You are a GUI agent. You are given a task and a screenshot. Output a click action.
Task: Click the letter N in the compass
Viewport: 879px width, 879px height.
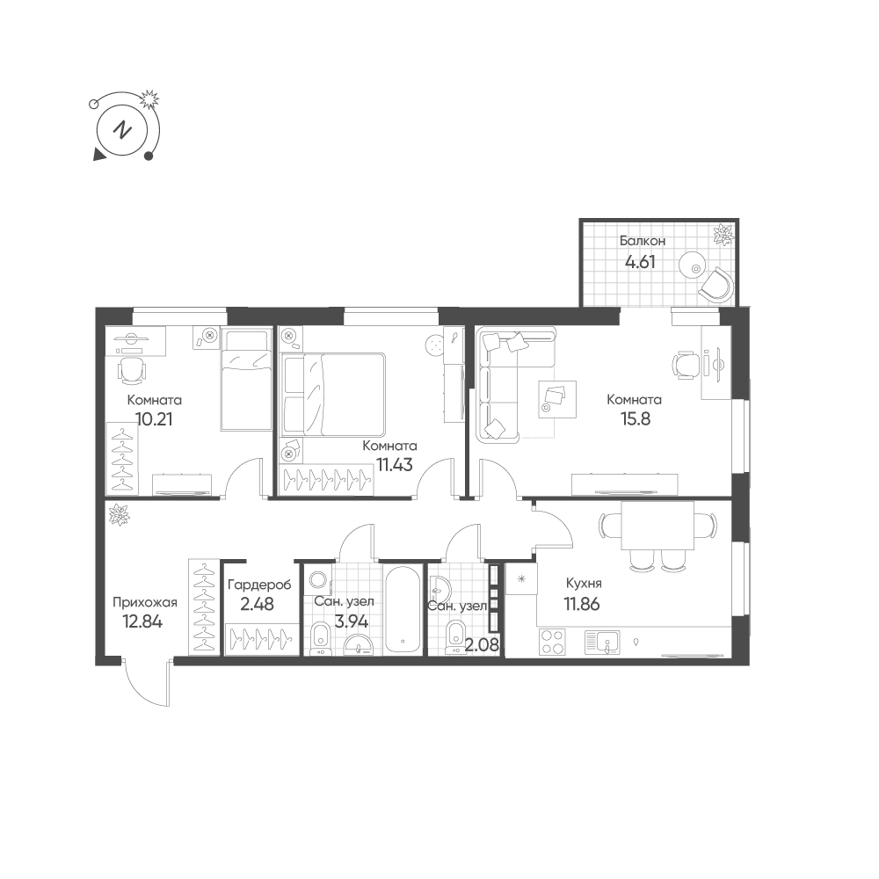121,131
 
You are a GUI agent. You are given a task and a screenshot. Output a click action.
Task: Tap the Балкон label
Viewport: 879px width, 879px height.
643,241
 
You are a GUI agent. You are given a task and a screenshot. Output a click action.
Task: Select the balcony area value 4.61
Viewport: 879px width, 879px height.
640,262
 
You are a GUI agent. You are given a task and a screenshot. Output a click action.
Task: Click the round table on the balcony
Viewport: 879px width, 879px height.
695,268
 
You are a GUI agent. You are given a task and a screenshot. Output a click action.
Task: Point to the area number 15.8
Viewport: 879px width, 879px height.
636,418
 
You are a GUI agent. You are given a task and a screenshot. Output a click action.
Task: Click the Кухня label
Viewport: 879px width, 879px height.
584,583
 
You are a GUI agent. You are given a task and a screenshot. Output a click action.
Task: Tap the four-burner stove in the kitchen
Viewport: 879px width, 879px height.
552,642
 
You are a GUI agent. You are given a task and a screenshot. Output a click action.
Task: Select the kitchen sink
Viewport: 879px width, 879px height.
602,643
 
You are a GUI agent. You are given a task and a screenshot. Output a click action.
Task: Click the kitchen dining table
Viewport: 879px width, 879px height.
657,525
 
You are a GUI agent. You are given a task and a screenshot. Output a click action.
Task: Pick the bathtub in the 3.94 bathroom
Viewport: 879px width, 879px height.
403,609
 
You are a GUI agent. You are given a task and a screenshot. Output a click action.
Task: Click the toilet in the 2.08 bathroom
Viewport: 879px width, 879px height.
454,640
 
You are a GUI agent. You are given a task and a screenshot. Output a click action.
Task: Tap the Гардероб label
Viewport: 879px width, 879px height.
259,585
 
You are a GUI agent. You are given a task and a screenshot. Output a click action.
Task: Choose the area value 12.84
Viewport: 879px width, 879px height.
142,621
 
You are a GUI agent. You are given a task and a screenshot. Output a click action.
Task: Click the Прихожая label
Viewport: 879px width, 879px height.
145,603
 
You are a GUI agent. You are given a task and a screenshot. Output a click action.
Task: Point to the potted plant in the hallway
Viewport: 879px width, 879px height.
119,514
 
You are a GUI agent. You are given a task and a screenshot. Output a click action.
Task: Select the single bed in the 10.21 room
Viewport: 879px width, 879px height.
246,380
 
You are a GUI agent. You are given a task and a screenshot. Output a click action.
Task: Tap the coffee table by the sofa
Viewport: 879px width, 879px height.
557,398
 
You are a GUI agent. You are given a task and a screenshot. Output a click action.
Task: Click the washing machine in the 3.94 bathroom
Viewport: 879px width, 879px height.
318,579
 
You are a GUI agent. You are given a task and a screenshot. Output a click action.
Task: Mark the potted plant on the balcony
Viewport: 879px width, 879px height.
723,235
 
